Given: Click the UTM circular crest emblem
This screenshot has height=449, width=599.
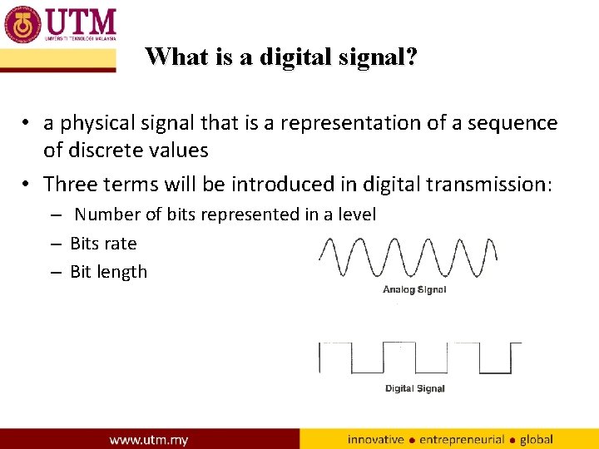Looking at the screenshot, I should [x=22, y=24].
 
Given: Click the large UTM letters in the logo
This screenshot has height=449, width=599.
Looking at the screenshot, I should [x=80, y=20].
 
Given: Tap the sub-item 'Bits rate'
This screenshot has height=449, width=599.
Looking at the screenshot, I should [x=103, y=244].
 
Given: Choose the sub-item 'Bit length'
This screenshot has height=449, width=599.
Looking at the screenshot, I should [x=108, y=272].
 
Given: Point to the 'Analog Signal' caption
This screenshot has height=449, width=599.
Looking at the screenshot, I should [x=414, y=290].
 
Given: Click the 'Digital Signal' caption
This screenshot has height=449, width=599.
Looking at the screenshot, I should [x=414, y=388].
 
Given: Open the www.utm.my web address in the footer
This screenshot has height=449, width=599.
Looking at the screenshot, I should [x=149, y=439].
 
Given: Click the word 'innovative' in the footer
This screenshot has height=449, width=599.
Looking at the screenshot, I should [x=376, y=439].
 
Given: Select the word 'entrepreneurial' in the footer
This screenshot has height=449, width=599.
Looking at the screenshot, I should [x=463, y=439].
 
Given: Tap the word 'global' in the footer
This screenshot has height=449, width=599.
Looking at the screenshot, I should [x=537, y=439].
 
